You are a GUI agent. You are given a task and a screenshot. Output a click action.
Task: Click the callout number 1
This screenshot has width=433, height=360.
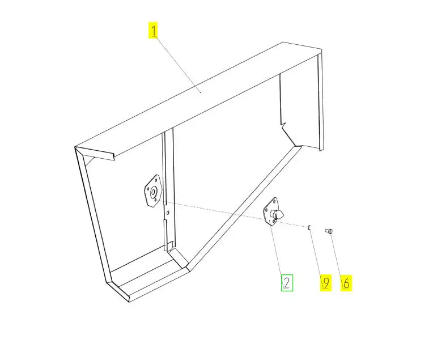[x=153, y=30]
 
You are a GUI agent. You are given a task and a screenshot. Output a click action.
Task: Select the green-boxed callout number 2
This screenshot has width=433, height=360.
[x=287, y=283]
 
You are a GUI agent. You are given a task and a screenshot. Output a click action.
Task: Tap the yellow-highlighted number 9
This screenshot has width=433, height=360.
[x=326, y=283]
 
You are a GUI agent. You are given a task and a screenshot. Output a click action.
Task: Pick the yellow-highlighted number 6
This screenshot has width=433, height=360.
[x=346, y=283]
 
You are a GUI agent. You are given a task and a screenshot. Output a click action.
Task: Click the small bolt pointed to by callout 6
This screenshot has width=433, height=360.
[x=329, y=231]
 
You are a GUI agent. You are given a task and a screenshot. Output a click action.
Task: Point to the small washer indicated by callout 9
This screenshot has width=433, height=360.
[x=309, y=227]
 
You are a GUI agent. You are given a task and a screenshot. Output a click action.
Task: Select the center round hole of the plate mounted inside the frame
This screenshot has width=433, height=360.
[x=152, y=192]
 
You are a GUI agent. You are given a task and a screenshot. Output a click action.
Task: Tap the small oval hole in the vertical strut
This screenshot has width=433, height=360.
[x=168, y=212]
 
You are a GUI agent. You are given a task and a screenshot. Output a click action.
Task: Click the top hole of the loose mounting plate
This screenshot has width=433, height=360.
[x=274, y=201]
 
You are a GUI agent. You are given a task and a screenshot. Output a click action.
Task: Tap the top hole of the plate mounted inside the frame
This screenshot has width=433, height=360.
[x=156, y=179]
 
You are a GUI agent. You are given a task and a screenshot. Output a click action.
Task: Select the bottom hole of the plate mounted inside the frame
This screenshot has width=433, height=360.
[x=155, y=200]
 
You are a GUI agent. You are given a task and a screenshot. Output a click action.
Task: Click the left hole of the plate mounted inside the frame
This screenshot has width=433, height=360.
[x=148, y=189]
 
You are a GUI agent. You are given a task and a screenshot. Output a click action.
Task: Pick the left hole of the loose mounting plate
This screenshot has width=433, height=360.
[x=266, y=210]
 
